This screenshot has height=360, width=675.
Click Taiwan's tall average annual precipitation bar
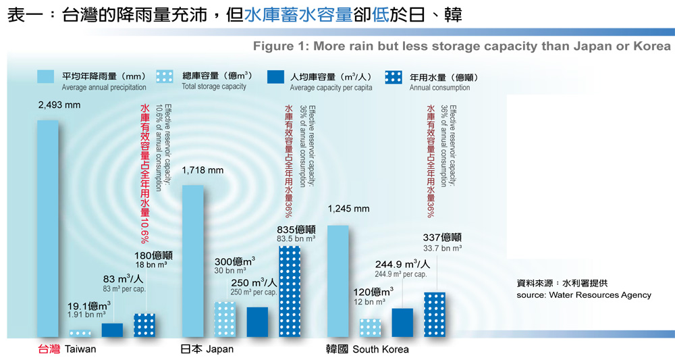click(47, 228)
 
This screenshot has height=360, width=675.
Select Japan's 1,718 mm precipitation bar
click(192, 261)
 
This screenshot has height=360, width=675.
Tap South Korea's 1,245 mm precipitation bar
click(337, 281)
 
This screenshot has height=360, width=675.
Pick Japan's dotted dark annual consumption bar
click(290, 291)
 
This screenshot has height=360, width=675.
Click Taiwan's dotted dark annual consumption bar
click(144, 325)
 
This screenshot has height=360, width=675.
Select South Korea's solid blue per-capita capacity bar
click(402, 322)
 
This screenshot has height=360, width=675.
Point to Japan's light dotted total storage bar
click(225, 319)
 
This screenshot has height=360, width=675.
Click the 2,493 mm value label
click(59, 105)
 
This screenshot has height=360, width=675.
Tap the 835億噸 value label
click(298, 229)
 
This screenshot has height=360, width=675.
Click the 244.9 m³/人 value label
click(403, 264)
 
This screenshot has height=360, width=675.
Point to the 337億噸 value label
click(442, 238)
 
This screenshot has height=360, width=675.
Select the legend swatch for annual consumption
click(393, 76)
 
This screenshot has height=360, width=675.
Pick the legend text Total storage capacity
click(215, 87)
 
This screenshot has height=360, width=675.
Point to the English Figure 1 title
click(462, 46)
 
